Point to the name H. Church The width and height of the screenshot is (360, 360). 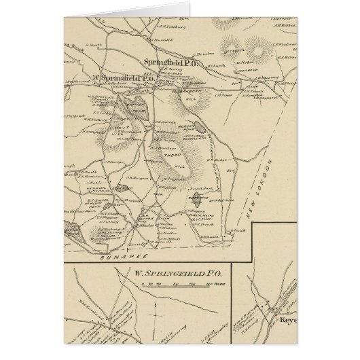(217, 66)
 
